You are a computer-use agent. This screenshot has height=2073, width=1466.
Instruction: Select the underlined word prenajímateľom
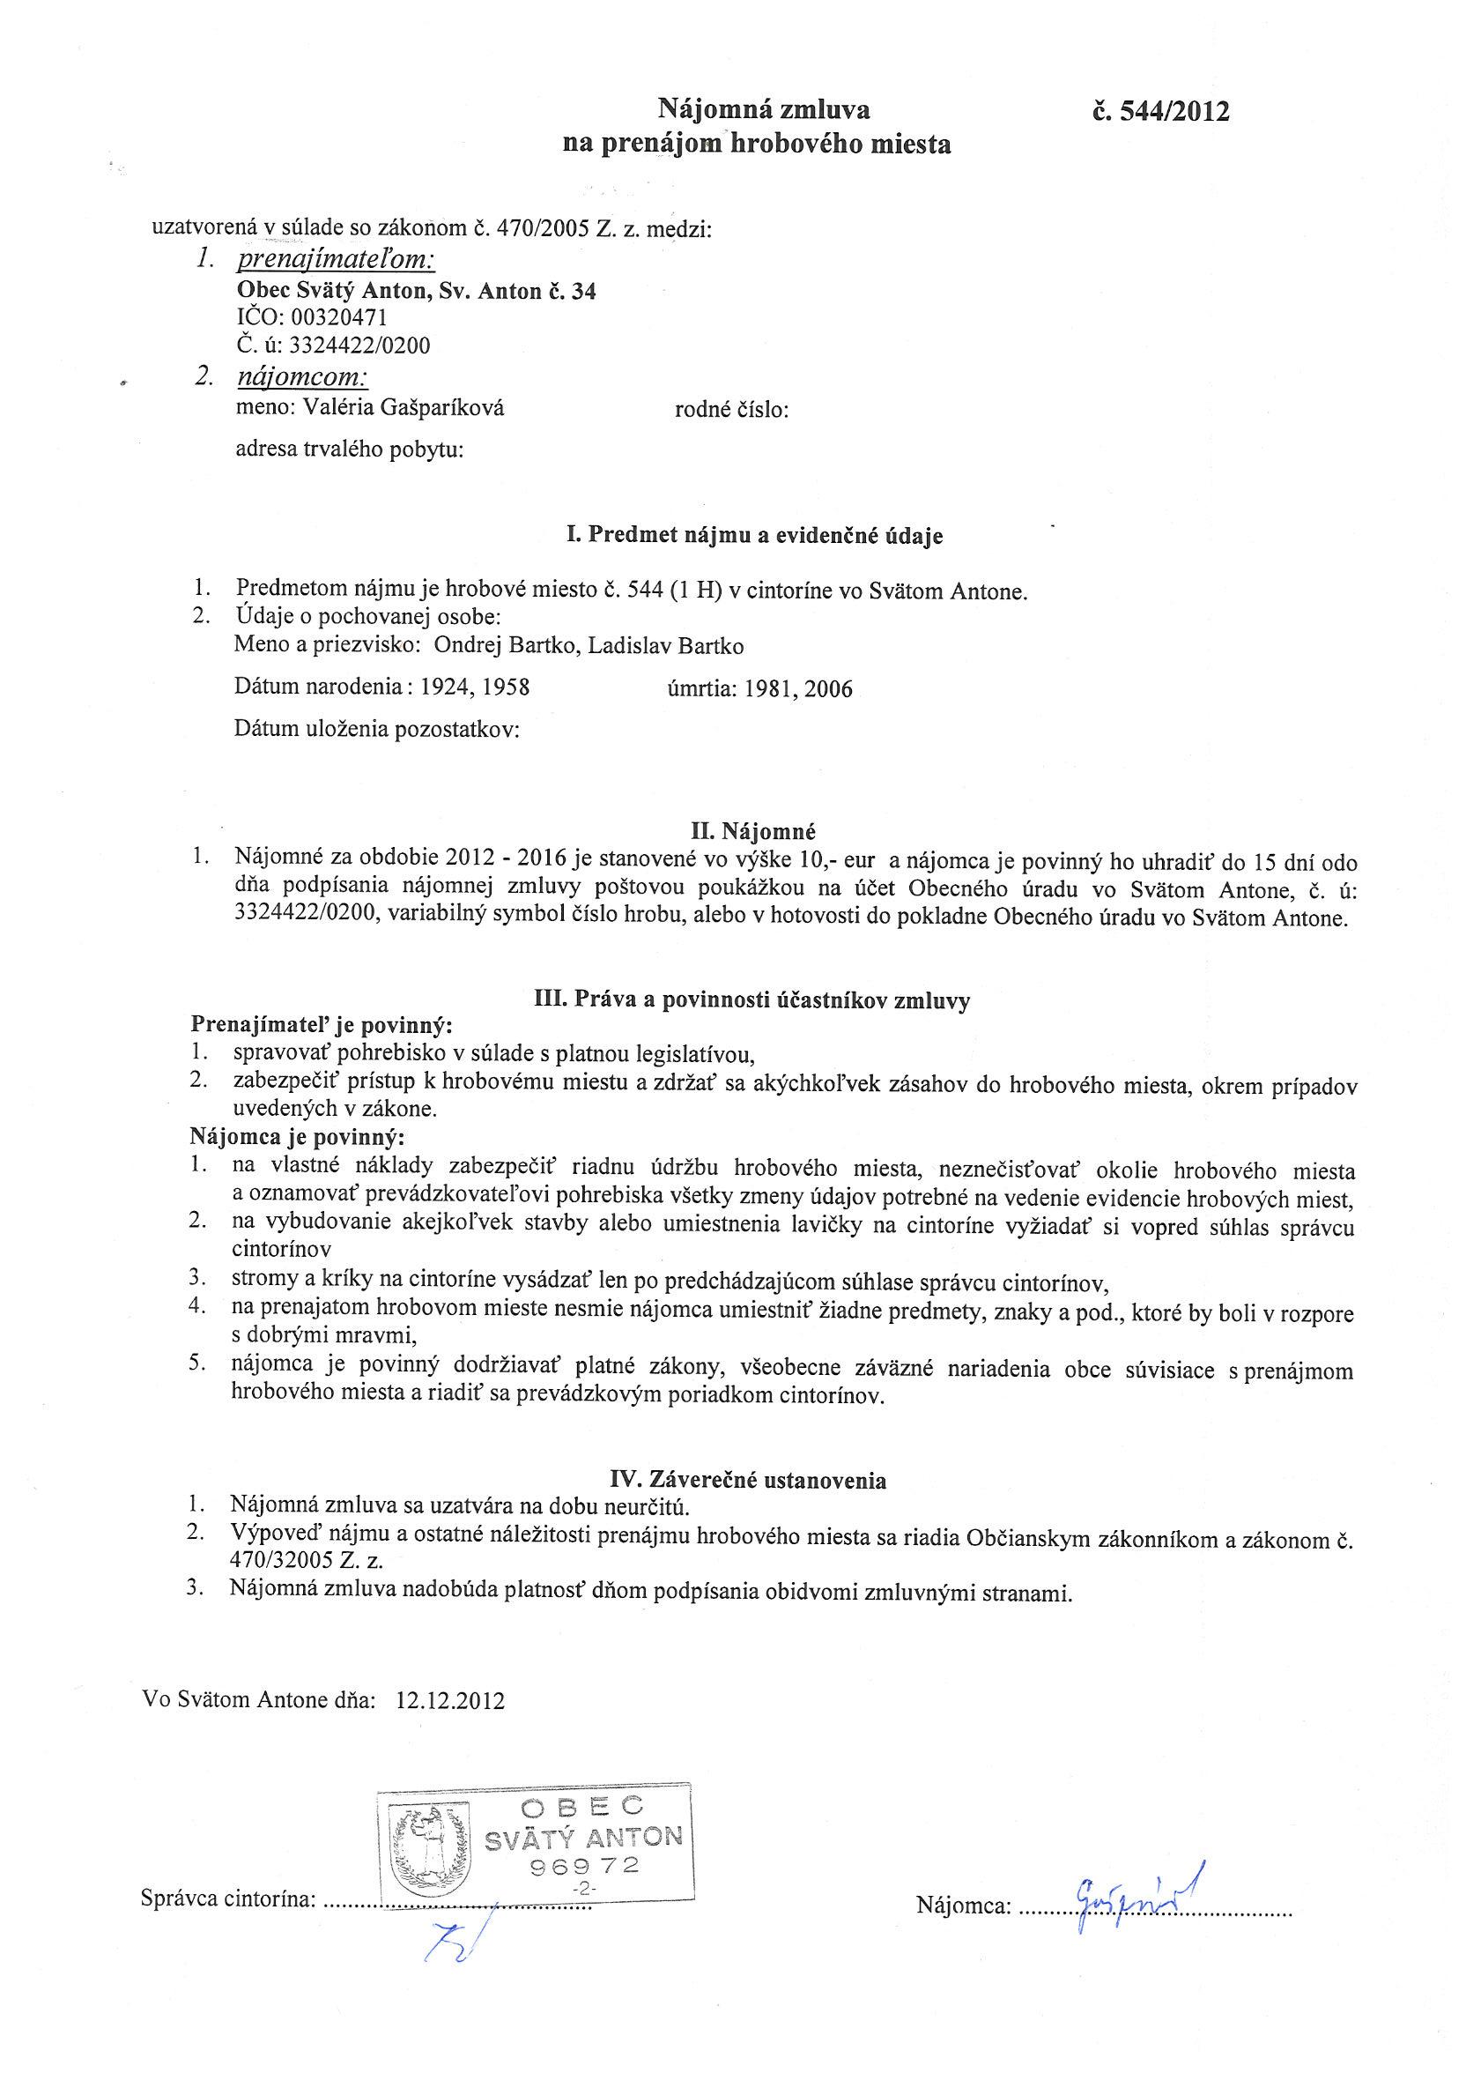[336, 261]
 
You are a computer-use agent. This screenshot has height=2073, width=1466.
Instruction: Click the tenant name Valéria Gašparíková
[404, 408]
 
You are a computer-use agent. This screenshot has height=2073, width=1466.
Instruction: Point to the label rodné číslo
[731, 411]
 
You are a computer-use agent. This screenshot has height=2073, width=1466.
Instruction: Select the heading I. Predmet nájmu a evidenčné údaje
[754, 535]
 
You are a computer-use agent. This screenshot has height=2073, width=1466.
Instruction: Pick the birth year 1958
[506, 687]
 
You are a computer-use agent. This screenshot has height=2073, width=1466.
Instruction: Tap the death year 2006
[828, 690]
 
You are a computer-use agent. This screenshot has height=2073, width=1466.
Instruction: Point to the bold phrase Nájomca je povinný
[298, 1135]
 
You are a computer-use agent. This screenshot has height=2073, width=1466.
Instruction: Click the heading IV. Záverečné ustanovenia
[747, 1480]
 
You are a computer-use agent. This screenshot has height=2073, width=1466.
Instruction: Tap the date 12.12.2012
[450, 1700]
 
